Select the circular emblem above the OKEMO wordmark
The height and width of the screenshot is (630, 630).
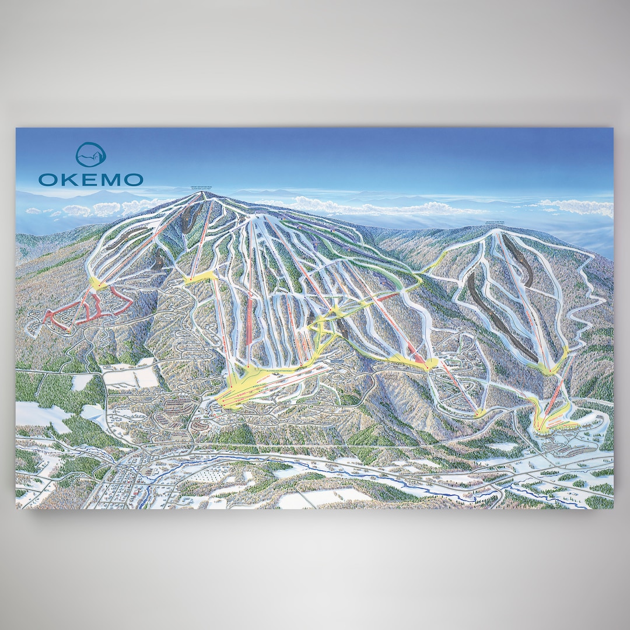click(91, 155)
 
